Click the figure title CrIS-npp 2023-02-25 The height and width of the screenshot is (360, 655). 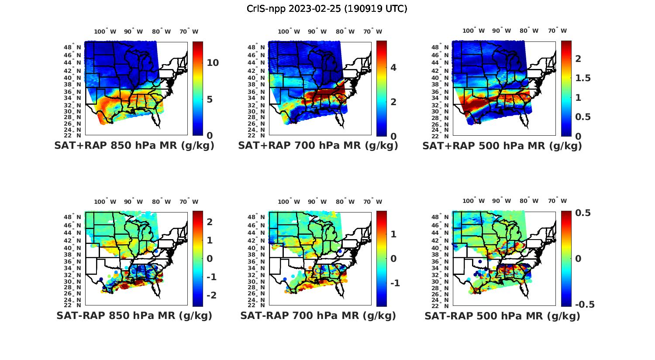[327, 9]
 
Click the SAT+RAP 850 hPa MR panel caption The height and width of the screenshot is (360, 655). [134, 146]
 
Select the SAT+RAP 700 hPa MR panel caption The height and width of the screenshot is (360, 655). [318, 146]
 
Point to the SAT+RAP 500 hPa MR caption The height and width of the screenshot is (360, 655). [502, 146]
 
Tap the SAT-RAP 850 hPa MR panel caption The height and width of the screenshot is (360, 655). [134, 316]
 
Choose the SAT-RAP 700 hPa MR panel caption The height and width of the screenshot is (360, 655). [318, 316]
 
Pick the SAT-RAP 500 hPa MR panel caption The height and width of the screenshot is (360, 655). [502, 316]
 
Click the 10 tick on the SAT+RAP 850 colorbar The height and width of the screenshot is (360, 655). [213, 63]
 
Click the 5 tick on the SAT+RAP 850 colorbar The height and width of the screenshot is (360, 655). [210, 99]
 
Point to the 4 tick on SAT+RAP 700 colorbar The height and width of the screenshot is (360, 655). [393, 67]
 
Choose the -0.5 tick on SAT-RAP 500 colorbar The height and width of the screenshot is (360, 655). [585, 305]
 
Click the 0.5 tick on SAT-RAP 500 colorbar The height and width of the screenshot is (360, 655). [583, 213]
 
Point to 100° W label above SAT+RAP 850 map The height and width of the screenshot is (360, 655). [105, 31]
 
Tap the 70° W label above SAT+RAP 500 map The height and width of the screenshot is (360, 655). [557, 31]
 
